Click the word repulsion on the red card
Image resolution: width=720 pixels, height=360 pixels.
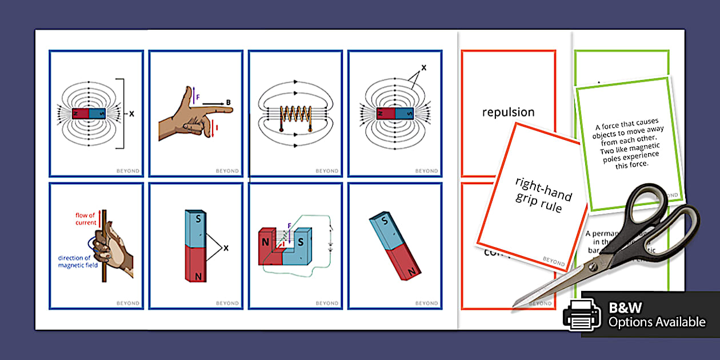(508, 112)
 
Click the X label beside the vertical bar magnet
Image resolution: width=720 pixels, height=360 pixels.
(226, 248)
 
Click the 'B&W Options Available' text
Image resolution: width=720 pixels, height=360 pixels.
(657, 315)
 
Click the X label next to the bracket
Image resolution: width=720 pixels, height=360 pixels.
(131, 114)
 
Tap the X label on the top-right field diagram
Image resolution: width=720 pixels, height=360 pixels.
(423, 67)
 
